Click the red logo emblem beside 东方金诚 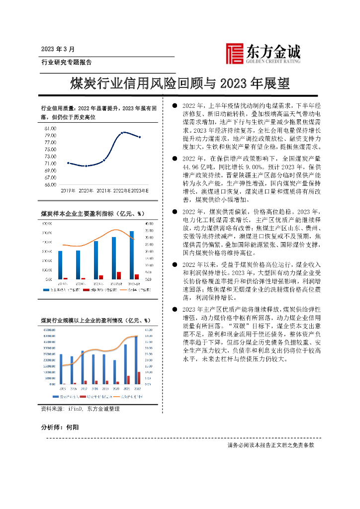234,53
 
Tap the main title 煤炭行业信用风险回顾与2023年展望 180,83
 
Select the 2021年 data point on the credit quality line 103,160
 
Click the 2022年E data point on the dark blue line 122,133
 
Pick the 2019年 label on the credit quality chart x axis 68,191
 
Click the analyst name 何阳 73,427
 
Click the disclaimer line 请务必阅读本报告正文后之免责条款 270,445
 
